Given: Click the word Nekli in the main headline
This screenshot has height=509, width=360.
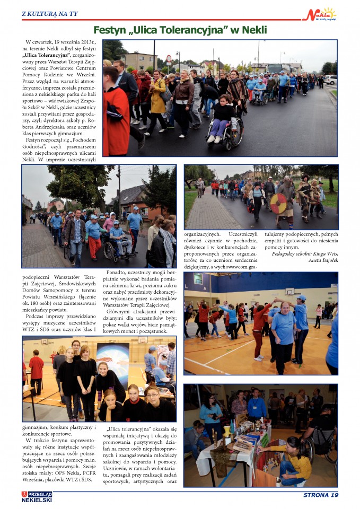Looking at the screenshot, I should (x=251, y=30).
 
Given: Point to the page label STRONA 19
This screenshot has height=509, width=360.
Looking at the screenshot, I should (x=320, y=495).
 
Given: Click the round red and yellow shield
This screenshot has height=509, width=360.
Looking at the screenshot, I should (x=278, y=203).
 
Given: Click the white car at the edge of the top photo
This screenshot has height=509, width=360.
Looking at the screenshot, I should (x=331, y=79).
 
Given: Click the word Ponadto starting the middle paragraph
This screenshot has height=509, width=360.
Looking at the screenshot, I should (x=119, y=273).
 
